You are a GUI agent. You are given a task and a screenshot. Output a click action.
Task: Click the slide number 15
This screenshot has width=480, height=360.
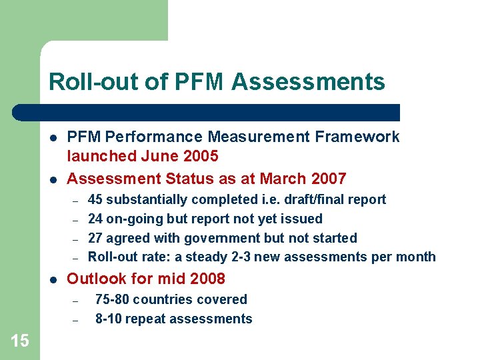click(20, 341)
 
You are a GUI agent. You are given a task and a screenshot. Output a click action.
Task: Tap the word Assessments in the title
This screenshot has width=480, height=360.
click(308, 82)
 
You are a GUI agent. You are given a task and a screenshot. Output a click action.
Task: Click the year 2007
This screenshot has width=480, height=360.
click(327, 179)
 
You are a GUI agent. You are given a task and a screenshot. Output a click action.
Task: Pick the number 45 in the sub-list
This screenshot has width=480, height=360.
click(95, 199)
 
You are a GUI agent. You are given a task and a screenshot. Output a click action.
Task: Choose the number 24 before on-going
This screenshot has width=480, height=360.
click(95, 219)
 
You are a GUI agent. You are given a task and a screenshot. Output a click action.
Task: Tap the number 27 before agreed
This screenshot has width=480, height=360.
click(95, 238)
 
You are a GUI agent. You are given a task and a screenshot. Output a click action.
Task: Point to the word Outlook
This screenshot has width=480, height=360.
click(95, 279)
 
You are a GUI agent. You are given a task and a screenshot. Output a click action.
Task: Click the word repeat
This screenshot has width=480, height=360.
click(151, 319)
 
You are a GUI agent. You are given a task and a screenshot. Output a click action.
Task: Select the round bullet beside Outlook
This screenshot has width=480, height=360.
click(52, 279)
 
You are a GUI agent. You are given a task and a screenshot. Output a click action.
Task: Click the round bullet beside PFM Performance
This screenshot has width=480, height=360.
click(52, 137)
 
